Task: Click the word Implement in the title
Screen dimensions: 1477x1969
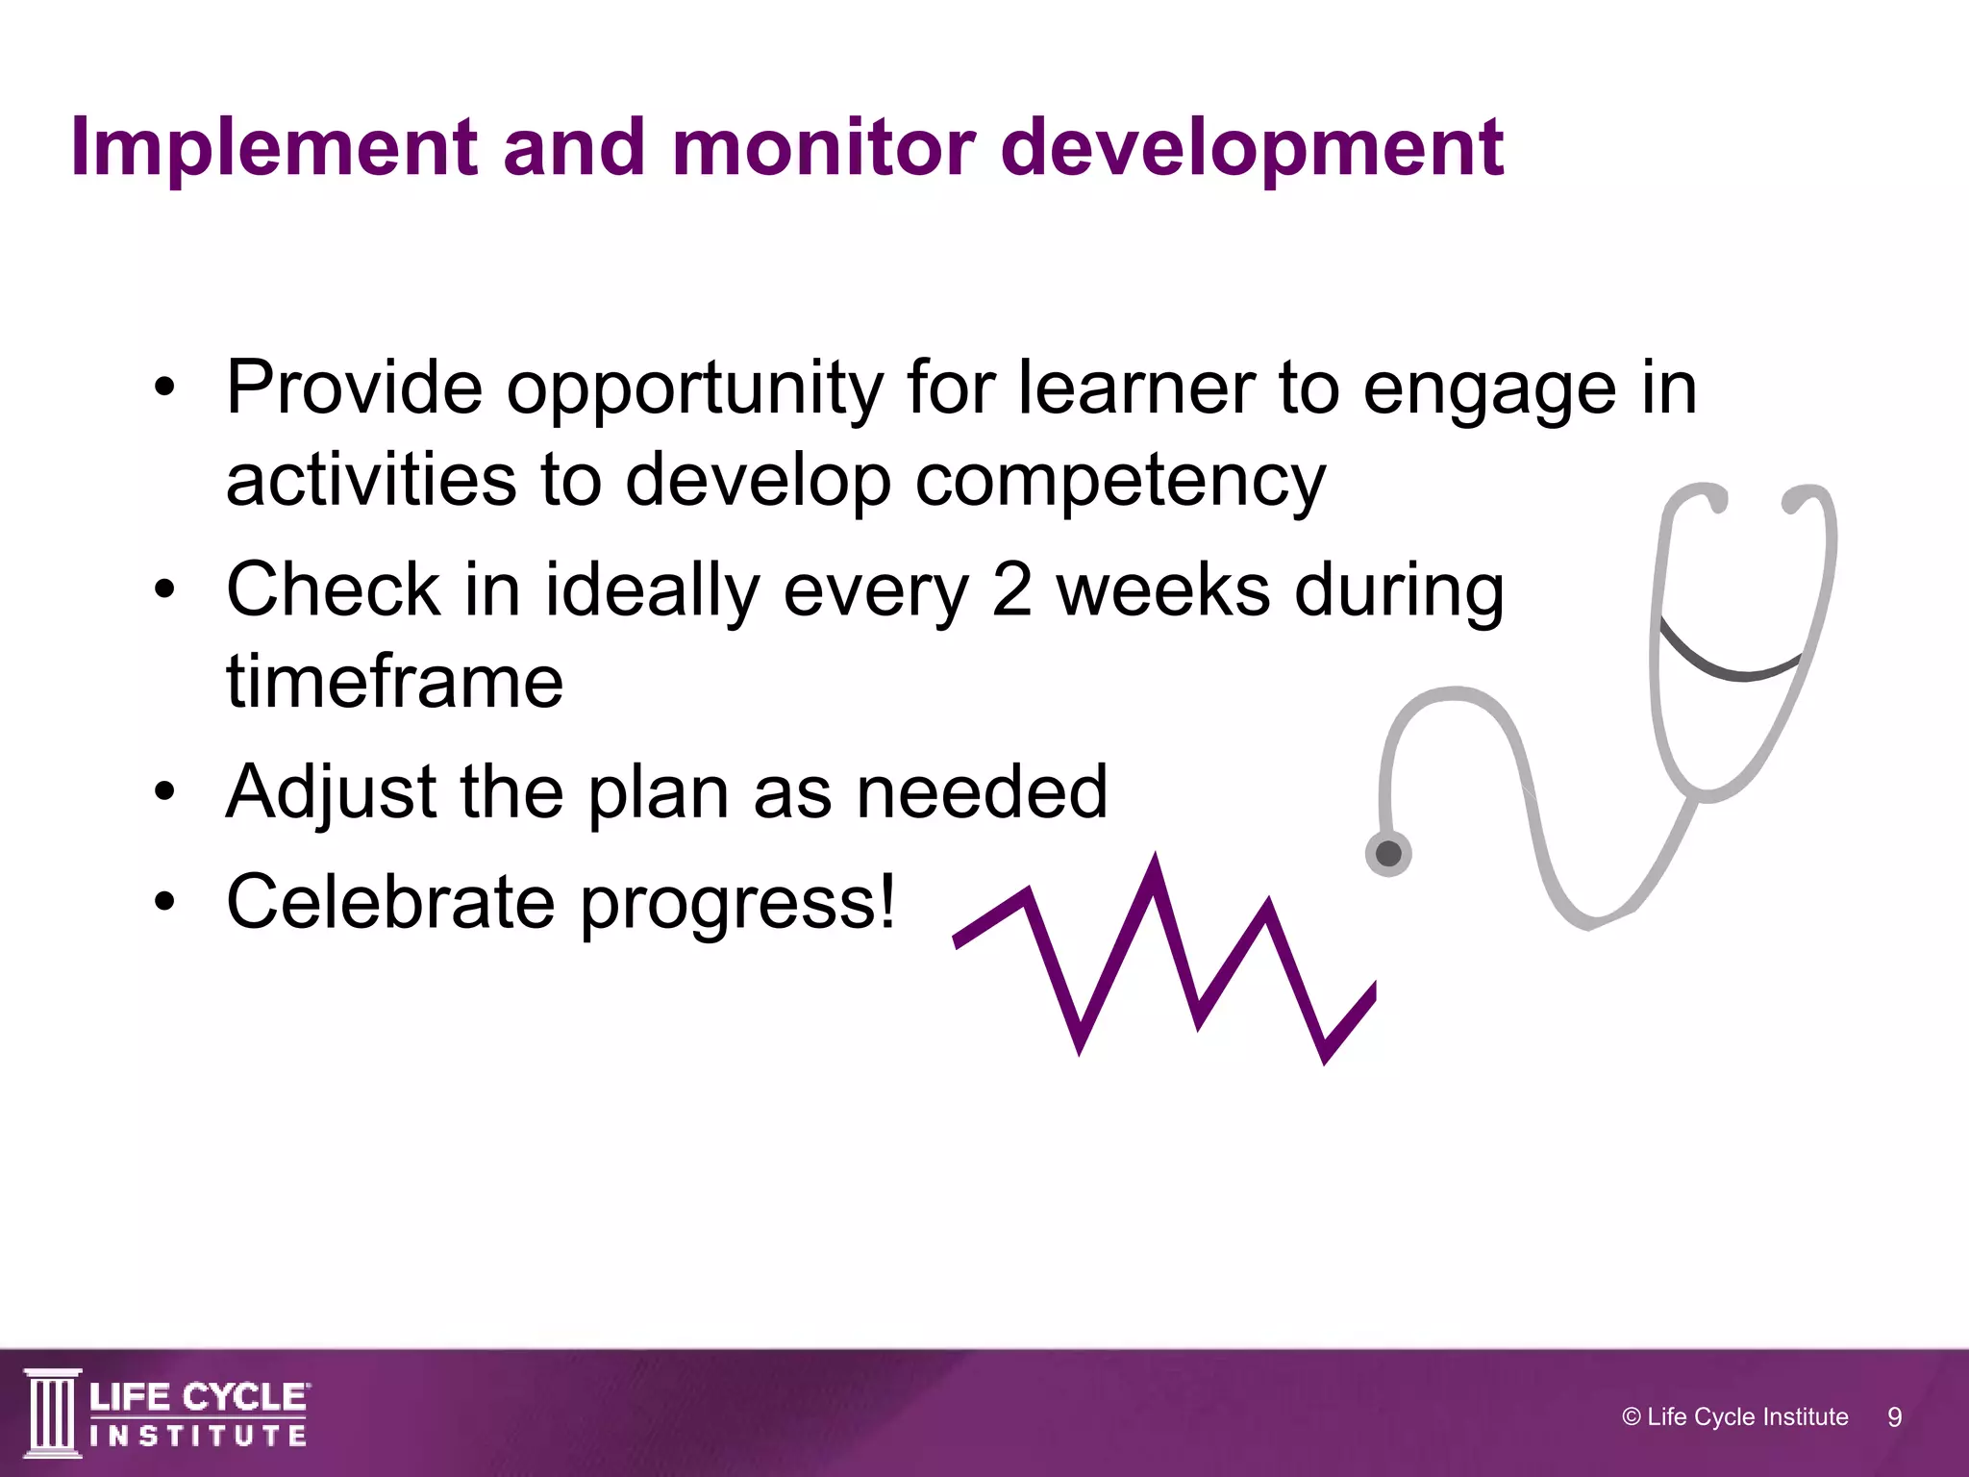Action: [273, 148]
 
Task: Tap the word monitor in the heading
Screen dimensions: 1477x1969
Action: [823, 148]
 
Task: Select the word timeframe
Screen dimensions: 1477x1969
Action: [394, 681]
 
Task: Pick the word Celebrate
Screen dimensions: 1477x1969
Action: [390, 902]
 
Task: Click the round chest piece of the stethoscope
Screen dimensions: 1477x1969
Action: [1388, 853]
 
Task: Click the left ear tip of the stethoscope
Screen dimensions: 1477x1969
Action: [1714, 499]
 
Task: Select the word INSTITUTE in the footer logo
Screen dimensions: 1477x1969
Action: [198, 1437]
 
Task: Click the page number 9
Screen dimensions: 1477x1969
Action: [1894, 1416]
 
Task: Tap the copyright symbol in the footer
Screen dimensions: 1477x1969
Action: [1631, 1416]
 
